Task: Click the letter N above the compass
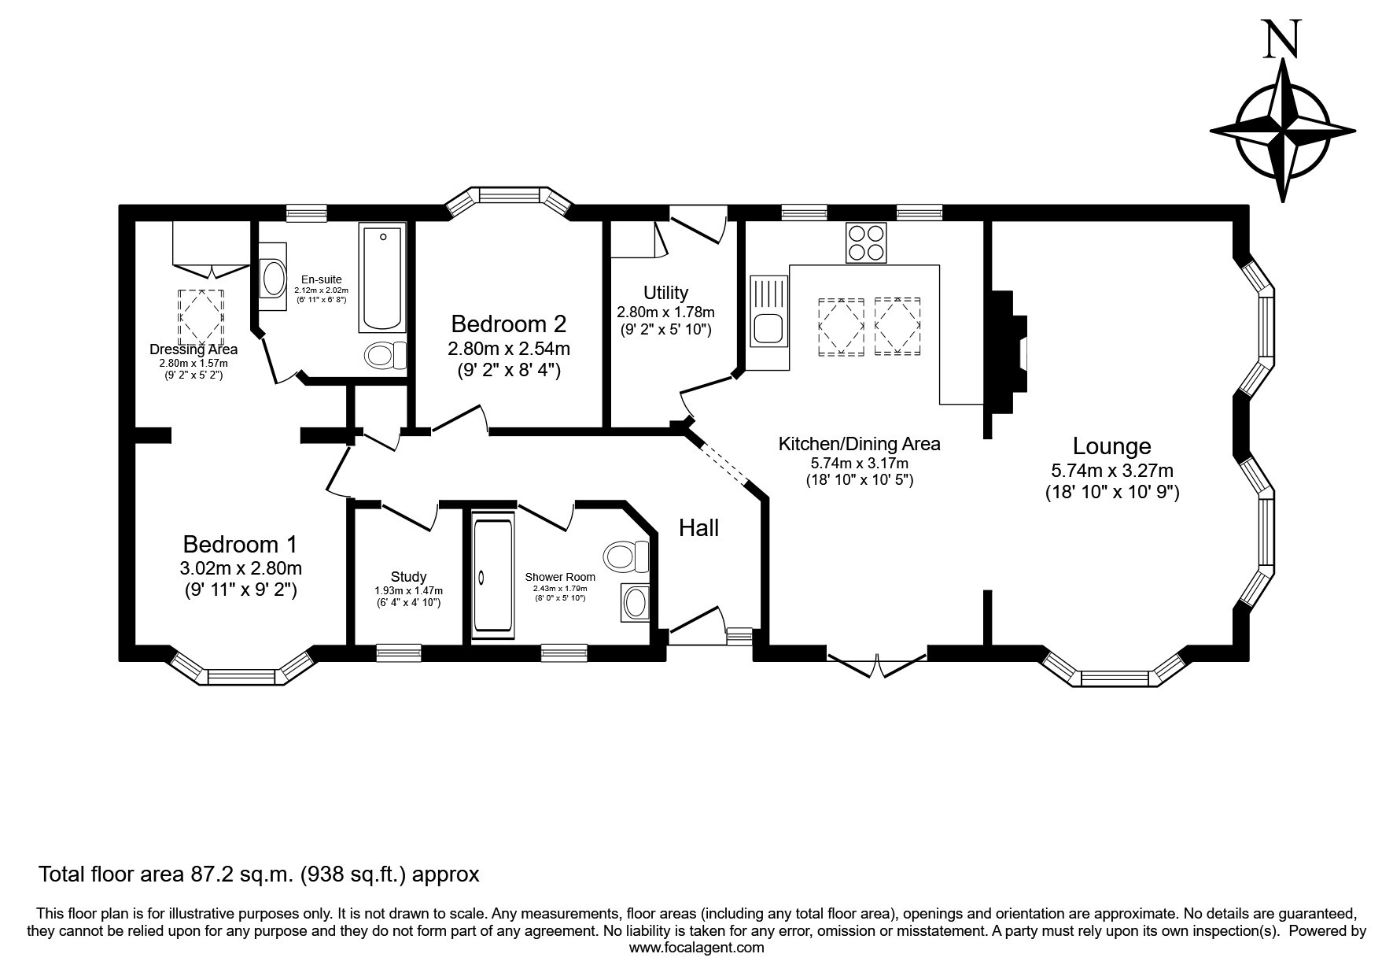tap(1282, 39)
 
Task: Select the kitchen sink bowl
tap(768, 328)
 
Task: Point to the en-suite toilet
tap(385, 356)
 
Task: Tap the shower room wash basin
tap(636, 603)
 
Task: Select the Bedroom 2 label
tap(509, 323)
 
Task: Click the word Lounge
tap(1112, 446)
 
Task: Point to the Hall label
tap(698, 527)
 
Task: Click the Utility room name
tap(665, 293)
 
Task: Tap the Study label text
tap(408, 577)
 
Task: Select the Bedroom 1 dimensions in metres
tap(241, 568)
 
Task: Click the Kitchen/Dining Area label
tap(859, 444)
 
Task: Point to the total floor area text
tap(259, 874)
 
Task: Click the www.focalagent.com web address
tap(696, 948)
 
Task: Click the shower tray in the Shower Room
tap(493, 572)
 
